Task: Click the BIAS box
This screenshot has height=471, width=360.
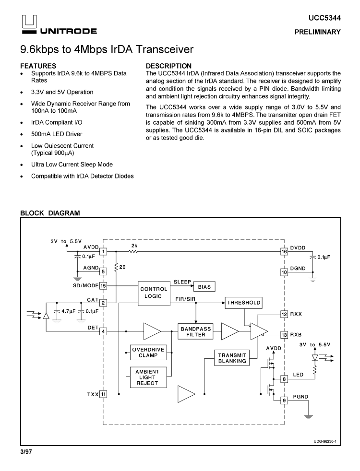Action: tap(204, 286)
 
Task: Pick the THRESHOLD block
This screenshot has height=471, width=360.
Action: tap(243, 303)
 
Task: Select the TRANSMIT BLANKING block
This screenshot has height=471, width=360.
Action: tap(232, 358)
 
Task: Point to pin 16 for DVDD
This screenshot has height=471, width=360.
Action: tap(284, 251)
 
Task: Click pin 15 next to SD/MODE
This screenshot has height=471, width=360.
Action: tap(103, 286)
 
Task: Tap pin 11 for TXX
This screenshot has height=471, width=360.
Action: tap(103, 394)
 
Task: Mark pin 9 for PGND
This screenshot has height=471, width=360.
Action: tap(284, 400)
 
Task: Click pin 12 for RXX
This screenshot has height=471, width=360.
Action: tap(284, 314)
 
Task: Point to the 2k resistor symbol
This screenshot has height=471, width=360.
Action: tap(133, 251)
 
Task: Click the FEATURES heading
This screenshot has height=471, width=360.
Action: tap(38, 66)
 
